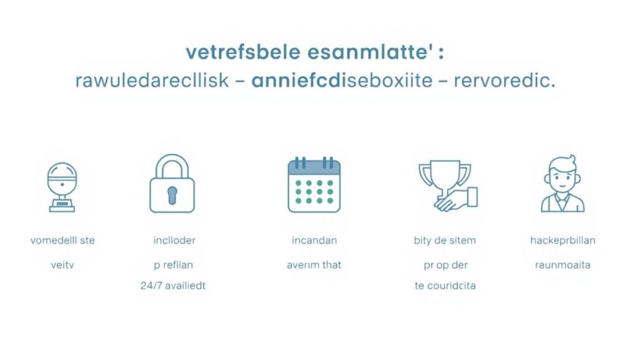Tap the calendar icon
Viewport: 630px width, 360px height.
[314, 185]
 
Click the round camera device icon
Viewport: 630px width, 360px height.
[62, 187]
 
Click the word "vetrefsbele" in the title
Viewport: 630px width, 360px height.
[243, 53]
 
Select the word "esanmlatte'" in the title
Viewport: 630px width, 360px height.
[368, 53]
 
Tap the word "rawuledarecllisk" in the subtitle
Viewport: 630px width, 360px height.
[152, 81]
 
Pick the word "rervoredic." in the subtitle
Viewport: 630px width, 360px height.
[504, 81]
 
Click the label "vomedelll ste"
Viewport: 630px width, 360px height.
[63, 240]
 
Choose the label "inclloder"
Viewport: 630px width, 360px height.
[174, 240]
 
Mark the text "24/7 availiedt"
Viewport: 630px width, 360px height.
[173, 286]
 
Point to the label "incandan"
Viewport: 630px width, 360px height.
[314, 240]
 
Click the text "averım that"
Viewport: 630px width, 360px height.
[314, 265]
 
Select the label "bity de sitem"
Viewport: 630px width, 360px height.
[445, 240]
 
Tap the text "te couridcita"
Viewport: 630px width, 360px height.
[445, 286]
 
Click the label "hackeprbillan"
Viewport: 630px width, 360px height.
[563, 240]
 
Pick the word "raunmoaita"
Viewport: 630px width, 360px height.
[562, 265]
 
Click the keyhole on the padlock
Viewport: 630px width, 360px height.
[172, 196]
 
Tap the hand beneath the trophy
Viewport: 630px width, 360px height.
[456, 199]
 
